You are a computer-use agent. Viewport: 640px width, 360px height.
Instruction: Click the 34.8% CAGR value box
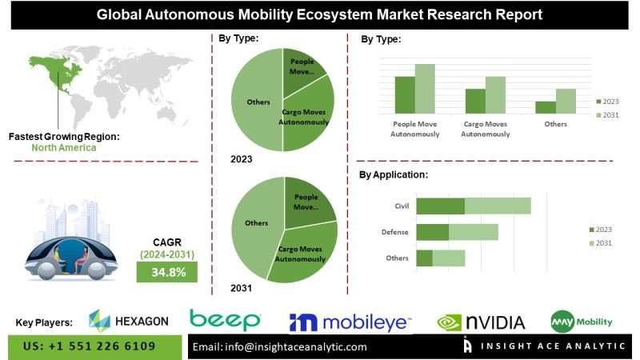(168, 272)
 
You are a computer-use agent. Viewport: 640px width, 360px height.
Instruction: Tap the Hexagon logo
(128, 321)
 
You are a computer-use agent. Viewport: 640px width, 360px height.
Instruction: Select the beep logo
(226, 320)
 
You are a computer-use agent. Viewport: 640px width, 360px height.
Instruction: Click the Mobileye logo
(350, 322)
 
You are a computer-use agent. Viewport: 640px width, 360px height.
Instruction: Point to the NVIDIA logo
(481, 322)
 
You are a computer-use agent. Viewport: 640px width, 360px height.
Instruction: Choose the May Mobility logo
(582, 322)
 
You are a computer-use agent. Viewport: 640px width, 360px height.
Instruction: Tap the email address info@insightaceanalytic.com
(280, 347)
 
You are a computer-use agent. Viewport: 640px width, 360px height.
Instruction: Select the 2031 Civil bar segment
(498, 206)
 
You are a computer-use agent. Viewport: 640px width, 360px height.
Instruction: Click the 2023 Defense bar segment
(433, 232)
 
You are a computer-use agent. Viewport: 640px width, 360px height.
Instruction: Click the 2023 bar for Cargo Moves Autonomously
(475, 100)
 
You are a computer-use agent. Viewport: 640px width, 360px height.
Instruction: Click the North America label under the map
(64, 148)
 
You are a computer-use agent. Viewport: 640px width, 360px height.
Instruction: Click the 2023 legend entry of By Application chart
(602, 229)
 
